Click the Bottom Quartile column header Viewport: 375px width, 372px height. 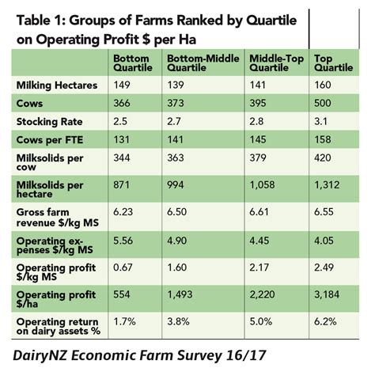[133, 63]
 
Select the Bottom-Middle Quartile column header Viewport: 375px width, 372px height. [203, 63]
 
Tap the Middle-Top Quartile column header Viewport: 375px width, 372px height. [277, 63]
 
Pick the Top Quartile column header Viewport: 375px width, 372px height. [333, 63]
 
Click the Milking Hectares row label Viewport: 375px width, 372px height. [57, 85]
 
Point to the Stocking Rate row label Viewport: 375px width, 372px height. [49, 122]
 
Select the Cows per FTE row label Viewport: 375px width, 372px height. [50, 140]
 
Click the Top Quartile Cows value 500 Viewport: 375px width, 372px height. [322, 103]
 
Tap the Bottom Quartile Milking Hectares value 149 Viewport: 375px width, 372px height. [122, 85]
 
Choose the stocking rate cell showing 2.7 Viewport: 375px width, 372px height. [174, 121]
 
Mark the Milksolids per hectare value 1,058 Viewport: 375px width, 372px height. [262, 184]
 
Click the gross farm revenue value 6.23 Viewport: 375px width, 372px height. [123, 212]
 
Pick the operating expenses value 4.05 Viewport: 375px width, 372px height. [324, 241]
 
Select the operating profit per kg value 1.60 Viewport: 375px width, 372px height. [177, 268]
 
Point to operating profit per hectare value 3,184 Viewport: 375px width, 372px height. [327, 294]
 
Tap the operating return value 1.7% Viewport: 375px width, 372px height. [124, 321]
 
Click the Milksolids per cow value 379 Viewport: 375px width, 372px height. [258, 158]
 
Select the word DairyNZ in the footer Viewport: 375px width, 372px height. [40, 355]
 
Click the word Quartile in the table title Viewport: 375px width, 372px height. [271, 21]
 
